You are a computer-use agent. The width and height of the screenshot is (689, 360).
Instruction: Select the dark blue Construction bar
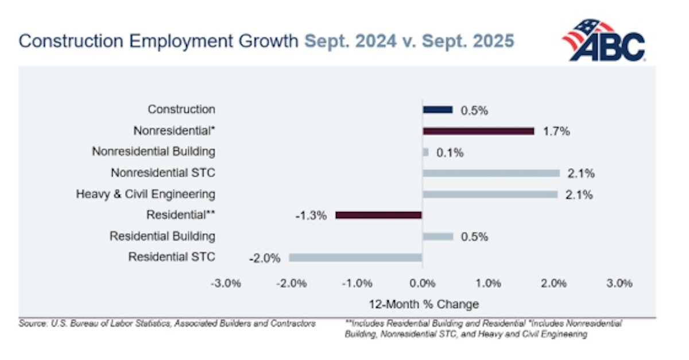tap(438, 110)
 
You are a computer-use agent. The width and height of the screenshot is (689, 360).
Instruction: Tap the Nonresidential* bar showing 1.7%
tap(478, 131)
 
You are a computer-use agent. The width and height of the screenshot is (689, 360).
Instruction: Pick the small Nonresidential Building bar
tap(425, 152)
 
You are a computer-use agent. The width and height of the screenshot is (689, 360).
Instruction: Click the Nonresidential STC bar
tap(491, 173)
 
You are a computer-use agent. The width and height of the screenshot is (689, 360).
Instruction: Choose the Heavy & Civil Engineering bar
tap(490, 195)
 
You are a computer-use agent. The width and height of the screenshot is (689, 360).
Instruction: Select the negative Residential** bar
tap(379, 215)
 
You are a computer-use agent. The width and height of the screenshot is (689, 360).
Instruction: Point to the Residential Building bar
tap(438, 237)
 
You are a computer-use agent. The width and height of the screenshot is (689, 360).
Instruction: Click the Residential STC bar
tap(355, 258)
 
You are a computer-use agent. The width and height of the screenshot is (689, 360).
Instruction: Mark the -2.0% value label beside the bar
tap(265, 258)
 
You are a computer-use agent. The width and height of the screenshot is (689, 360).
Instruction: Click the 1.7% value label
tap(556, 131)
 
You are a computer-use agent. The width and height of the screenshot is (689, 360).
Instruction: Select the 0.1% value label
tap(449, 153)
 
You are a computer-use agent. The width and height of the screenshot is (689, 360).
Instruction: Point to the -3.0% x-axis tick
tap(226, 283)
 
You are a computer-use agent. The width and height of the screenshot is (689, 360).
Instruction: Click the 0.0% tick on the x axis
tap(422, 283)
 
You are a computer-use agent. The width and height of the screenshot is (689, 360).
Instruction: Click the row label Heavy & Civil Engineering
tap(145, 194)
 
